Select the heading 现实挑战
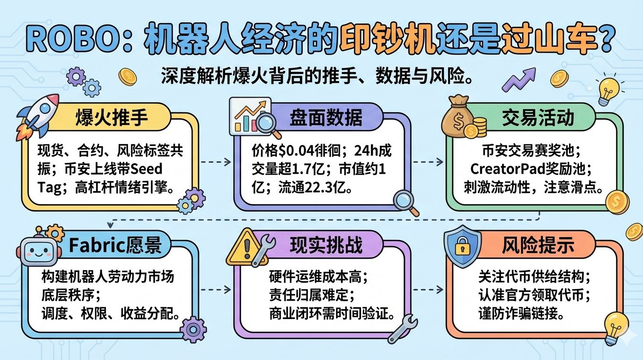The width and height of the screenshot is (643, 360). (x=326, y=245)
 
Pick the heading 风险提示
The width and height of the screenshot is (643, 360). (x=538, y=245)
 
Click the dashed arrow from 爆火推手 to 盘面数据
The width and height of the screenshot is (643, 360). (x=215, y=161)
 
